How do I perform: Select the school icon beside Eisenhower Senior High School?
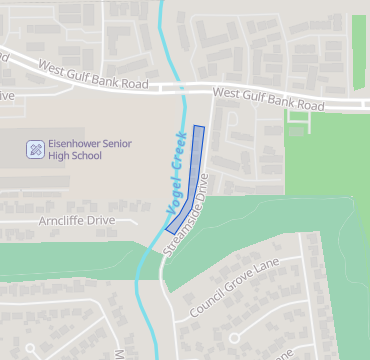tap(35, 150)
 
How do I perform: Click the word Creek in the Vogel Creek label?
tap(181, 159)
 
